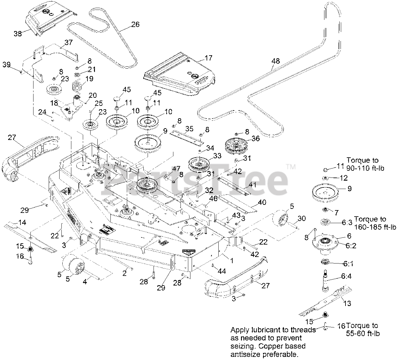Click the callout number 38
pos(18,33)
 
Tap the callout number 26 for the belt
pos(135,24)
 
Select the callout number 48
pos(275,61)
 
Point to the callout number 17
pos(208,58)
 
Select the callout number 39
pos(7,65)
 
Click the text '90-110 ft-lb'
pos(365,168)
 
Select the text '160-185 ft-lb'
pos(375,227)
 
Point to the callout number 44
pos(221,271)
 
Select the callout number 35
pos(189,128)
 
